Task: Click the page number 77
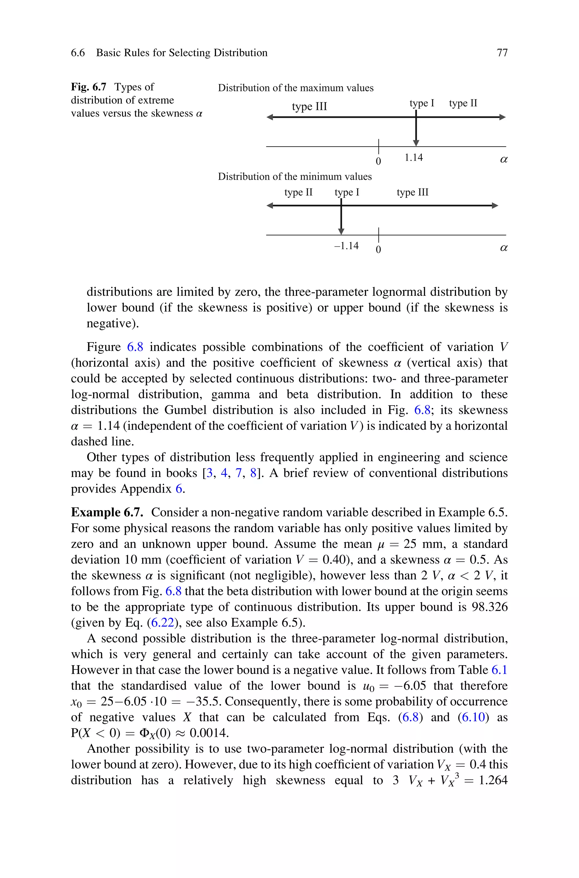point(502,53)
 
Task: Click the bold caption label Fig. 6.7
point(88,87)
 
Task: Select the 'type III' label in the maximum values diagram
point(310,106)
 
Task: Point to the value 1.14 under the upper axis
point(414,158)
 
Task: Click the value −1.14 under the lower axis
point(346,246)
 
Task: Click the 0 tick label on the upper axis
point(378,161)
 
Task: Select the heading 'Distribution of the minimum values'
point(295,176)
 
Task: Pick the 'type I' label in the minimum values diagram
point(347,192)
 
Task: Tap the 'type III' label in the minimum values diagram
point(412,192)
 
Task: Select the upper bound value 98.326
point(490,607)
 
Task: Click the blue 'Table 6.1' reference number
point(500,670)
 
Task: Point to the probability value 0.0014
point(209,733)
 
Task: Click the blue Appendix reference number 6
point(179,489)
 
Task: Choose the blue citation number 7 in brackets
point(239,473)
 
